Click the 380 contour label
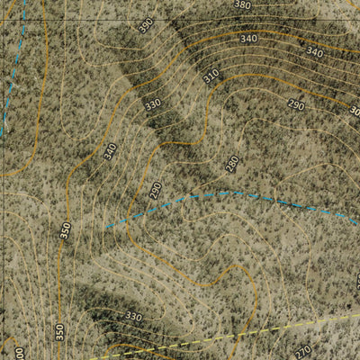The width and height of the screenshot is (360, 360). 242,5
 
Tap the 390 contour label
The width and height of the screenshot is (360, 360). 146,26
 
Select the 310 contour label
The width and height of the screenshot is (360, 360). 211,77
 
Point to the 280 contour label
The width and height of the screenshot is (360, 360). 232,164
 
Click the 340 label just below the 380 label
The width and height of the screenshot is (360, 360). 249,40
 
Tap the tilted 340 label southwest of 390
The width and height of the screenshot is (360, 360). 110,152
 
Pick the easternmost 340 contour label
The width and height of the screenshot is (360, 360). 314,52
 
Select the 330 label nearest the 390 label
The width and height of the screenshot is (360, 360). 152,104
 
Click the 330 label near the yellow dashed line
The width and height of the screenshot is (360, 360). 133,317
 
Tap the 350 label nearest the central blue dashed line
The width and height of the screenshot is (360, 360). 65,230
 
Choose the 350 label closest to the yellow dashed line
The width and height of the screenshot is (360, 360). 59,331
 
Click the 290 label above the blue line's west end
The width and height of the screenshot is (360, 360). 155,191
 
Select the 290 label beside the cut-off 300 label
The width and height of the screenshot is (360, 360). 296,105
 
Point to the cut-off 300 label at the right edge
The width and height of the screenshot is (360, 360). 355,112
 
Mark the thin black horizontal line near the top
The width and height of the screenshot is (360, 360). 180,20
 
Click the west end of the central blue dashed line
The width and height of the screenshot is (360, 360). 106,227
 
